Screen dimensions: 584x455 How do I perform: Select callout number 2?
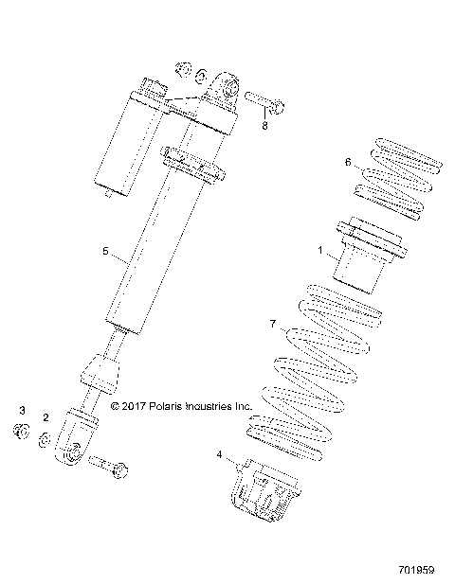45,417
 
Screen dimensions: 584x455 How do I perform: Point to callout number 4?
220,455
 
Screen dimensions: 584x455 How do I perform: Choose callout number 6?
348,162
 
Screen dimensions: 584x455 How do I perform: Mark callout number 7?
272,324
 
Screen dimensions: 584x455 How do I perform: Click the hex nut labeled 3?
20,433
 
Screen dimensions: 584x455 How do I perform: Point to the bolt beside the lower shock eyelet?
114,467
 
